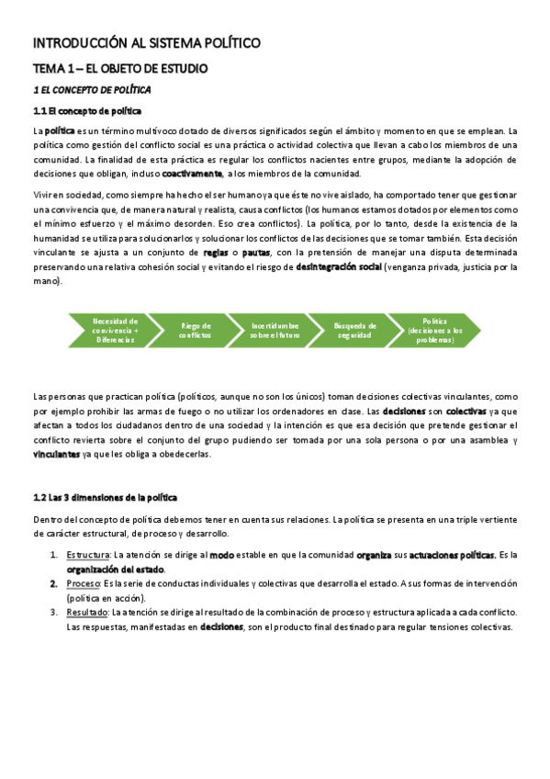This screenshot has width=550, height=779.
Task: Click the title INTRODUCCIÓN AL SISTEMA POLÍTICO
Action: pyautogui.click(x=148, y=43)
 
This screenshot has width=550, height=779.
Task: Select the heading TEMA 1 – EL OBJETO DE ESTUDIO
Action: pyautogui.click(x=120, y=69)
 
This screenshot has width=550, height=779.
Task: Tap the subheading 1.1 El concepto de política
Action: pyautogui.click(x=87, y=111)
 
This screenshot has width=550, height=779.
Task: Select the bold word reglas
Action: pyautogui.click(x=217, y=252)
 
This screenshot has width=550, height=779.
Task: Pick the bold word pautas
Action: pyautogui.click(x=256, y=252)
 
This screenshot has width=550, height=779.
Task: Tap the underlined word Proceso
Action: pyautogui.click(x=83, y=583)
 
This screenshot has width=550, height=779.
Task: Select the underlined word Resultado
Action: pyautogui.click(x=86, y=612)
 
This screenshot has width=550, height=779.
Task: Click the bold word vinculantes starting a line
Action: pyautogui.click(x=56, y=455)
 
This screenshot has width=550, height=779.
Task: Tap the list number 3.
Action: pyautogui.click(x=52, y=612)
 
